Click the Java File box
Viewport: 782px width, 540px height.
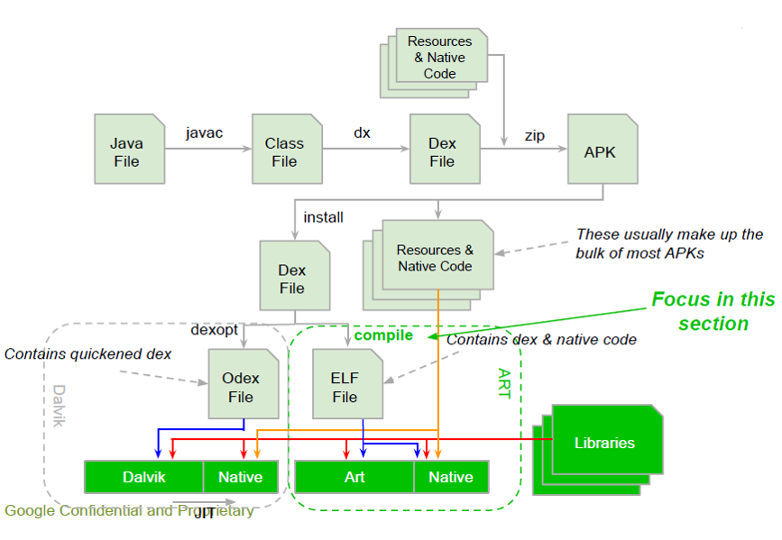pos(126,151)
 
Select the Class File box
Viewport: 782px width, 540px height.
pos(284,151)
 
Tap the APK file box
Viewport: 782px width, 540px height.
pos(600,151)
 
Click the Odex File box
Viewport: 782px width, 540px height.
pos(241,387)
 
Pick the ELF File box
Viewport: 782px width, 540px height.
pos(345,387)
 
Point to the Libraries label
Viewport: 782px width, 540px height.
pos(604,443)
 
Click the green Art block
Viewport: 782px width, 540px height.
pos(354,477)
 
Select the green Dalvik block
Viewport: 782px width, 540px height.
pos(143,477)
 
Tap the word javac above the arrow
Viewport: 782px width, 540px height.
pos(204,133)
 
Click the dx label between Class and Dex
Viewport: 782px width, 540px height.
pos(362,133)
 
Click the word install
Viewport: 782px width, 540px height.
pos(323,217)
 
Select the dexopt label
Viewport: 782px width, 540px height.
pos(214,330)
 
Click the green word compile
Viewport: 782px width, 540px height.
pos(383,335)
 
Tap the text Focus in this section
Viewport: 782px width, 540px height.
pos(713,311)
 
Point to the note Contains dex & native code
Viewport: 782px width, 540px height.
pos(541,340)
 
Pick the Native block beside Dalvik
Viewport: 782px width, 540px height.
pos(241,477)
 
